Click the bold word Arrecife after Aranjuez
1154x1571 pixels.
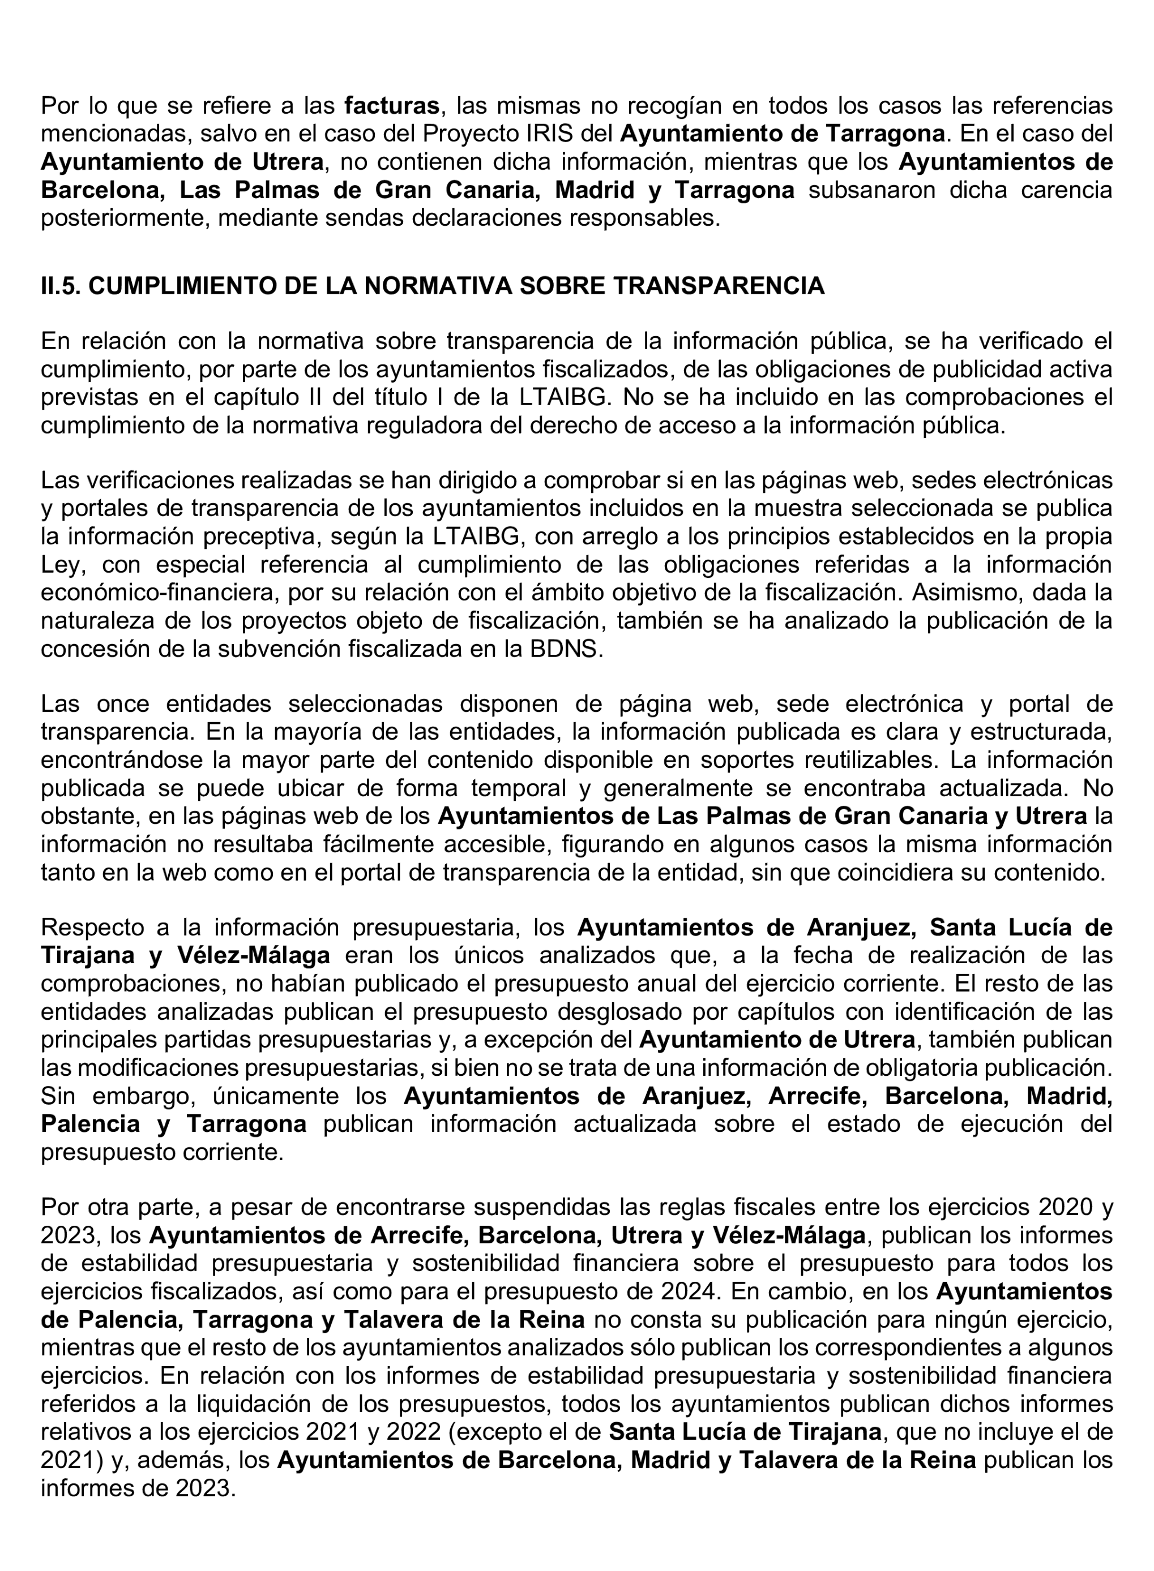pyautogui.click(x=817, y=1096)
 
